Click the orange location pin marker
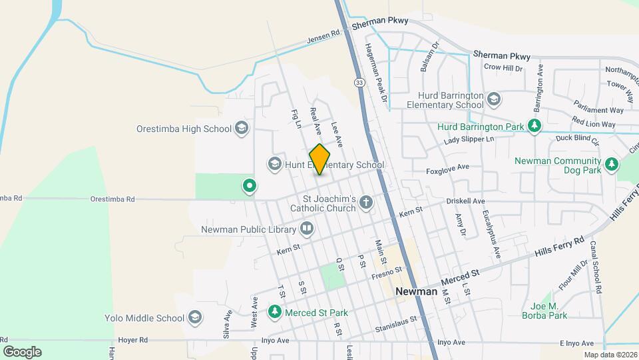319,159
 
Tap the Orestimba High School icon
242,129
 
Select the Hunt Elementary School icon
274,163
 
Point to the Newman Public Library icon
307,229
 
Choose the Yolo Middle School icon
195,317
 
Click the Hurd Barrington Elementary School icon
493,100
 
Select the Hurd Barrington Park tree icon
533,126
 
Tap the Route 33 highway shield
359,82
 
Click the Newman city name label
416,291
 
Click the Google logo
22,351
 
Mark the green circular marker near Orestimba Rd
250,185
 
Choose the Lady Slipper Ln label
470,140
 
